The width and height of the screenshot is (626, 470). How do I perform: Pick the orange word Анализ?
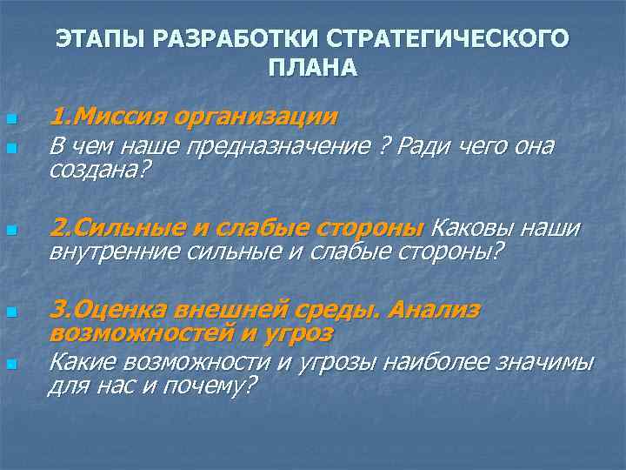[x=434, y=310]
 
